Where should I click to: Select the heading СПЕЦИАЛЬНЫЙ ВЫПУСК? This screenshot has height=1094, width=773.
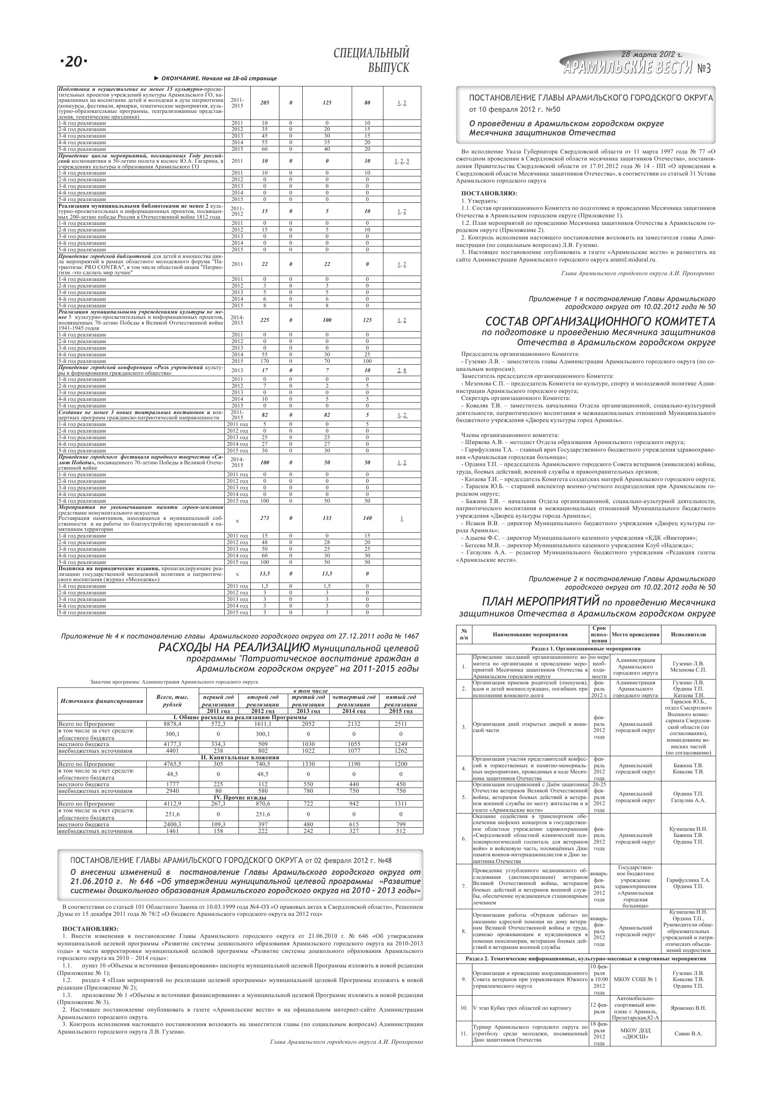371,60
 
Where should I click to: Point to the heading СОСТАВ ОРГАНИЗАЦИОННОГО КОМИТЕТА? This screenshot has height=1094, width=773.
600,321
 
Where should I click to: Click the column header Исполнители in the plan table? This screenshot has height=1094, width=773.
688,634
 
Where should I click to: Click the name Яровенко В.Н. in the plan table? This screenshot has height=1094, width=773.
688,1008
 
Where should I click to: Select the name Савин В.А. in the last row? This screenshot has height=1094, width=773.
688,1034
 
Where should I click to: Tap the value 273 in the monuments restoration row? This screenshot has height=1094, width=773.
264,518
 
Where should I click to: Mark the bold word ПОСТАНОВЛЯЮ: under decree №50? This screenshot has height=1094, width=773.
489,194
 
